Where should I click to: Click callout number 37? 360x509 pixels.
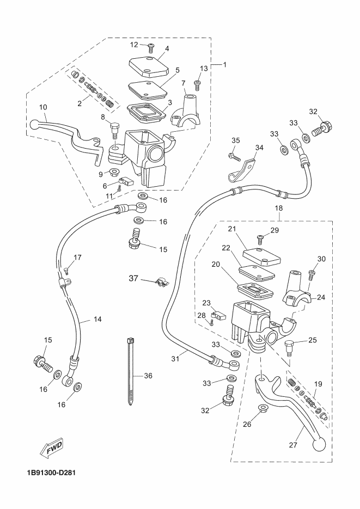[133, 279]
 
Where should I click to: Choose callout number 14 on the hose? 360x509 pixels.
[97, 319]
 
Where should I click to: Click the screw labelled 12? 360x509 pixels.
[151, 48]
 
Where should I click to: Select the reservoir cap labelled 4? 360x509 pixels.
[150, 67]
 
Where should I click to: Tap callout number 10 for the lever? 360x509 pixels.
[43, 107]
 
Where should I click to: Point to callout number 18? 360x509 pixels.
[279, 208]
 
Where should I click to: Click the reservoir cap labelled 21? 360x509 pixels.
[261, 257]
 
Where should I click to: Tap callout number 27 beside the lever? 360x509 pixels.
[293, 445]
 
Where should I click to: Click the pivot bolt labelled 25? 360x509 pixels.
[288, 348]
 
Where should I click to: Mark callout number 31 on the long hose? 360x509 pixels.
[175, 359]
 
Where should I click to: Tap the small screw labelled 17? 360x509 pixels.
[67, 270]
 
